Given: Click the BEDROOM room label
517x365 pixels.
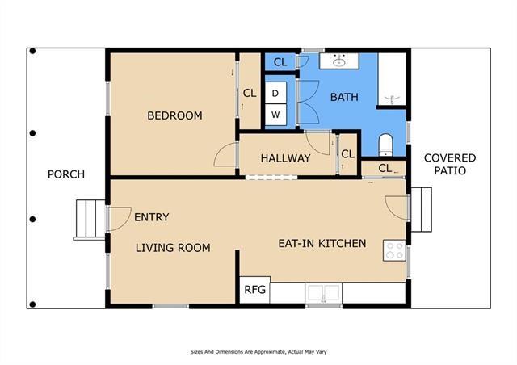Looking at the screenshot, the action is [x=174, y=115].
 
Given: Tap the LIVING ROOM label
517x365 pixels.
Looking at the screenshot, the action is [x=173, y=248].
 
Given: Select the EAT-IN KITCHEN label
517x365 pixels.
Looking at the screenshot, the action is [x=322, y=243].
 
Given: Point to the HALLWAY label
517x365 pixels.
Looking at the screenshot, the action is [x=285, y=158].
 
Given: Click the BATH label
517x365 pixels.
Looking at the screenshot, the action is [x=344, y=97].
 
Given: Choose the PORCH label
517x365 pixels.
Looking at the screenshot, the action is [x=66, y=174].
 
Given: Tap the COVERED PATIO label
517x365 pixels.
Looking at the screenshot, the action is [x=450, y=164].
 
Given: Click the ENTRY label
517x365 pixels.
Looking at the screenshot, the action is [x=152, y=217].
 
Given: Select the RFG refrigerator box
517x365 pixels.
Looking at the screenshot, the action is [x=254, y=290].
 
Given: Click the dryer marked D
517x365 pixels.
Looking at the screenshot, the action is [x=275, y=93].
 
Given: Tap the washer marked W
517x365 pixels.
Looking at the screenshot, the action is [x=275, y=115].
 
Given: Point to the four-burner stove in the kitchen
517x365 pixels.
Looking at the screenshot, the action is [x=394, y=250].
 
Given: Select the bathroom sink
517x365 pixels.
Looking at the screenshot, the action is [x=339, y=61].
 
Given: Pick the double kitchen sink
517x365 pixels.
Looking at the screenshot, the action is [x=323, y=292].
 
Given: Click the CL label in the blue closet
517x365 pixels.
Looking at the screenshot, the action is [x=280, y=62].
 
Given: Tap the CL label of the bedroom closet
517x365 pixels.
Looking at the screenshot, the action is [x=250, y=94].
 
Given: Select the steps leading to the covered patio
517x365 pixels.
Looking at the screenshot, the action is [x=422, y=209].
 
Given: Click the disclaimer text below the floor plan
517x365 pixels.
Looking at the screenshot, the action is [x=258, y=352].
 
